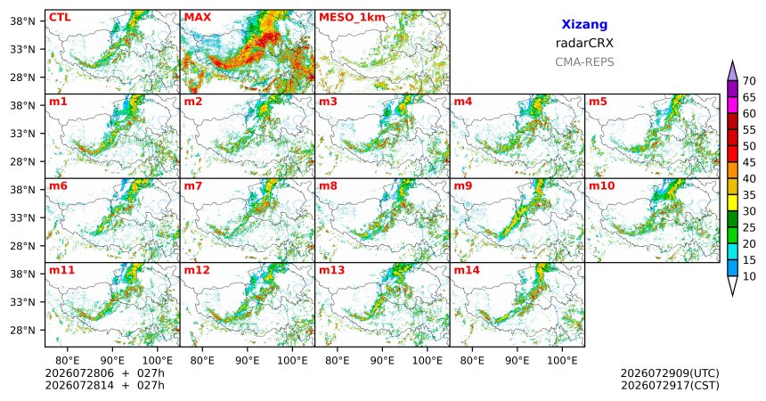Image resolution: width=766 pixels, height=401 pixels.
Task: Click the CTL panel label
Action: [60, 18]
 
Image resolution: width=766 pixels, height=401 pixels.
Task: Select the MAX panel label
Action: [198, 18]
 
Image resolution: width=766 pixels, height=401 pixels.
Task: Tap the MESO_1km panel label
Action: [352, 18]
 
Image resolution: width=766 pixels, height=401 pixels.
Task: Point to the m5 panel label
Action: [598, 102]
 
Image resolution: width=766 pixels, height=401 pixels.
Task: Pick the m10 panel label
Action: [601, 186]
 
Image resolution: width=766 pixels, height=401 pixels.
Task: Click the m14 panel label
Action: [467, 270]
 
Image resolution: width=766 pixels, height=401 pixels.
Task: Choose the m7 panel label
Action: [193, 186]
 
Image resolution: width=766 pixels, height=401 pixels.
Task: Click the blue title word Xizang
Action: [584, 24]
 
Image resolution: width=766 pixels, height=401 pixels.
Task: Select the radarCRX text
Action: [584, 43]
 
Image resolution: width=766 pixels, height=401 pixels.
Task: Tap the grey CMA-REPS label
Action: [584, 62]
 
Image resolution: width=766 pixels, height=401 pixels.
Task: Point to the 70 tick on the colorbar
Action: [749, 81]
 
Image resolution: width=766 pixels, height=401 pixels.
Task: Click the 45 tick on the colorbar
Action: [749, 162]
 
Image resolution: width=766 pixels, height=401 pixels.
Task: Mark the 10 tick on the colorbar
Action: [749, 276]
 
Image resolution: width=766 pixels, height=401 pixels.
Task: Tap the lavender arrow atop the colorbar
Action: [732, 70]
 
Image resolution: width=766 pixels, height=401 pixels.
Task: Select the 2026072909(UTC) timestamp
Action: [670, 373]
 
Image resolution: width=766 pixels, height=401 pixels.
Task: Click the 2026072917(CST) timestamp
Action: [670, 386]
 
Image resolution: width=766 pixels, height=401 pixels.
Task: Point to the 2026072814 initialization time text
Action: [79, 385]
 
